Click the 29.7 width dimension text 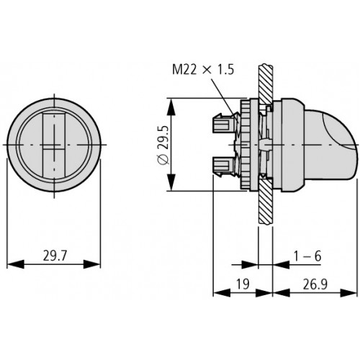54,256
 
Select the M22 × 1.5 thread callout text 203,70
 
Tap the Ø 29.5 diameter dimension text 164,145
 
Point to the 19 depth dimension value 243,284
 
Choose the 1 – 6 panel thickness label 307,256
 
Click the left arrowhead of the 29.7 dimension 16,264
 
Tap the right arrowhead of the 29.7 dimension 91,264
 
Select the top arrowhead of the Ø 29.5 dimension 171,107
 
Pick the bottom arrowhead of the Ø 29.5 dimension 171,182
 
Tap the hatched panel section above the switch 266,84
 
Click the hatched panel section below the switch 266,202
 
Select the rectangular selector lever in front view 54,145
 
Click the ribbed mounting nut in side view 245,145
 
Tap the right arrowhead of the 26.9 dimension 349,293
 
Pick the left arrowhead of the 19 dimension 222,293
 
